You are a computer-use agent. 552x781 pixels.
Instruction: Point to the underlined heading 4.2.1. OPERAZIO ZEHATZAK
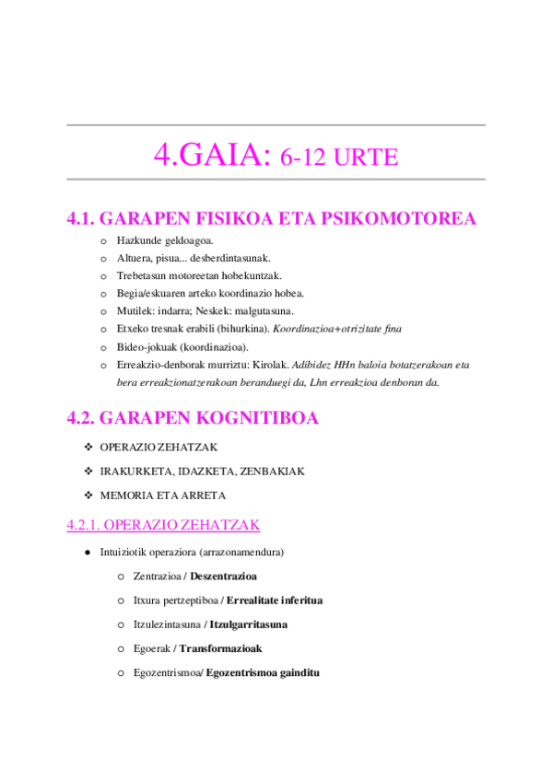[x=163, y=525]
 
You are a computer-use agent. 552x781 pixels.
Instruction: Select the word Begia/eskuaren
[x=156, y=293]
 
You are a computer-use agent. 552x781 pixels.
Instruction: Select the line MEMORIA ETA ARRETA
[x=162, y=495]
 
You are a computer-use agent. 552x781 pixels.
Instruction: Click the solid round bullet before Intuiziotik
[x=87, y=553]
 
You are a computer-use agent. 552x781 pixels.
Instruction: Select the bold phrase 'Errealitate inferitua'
[x=275, y=600]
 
